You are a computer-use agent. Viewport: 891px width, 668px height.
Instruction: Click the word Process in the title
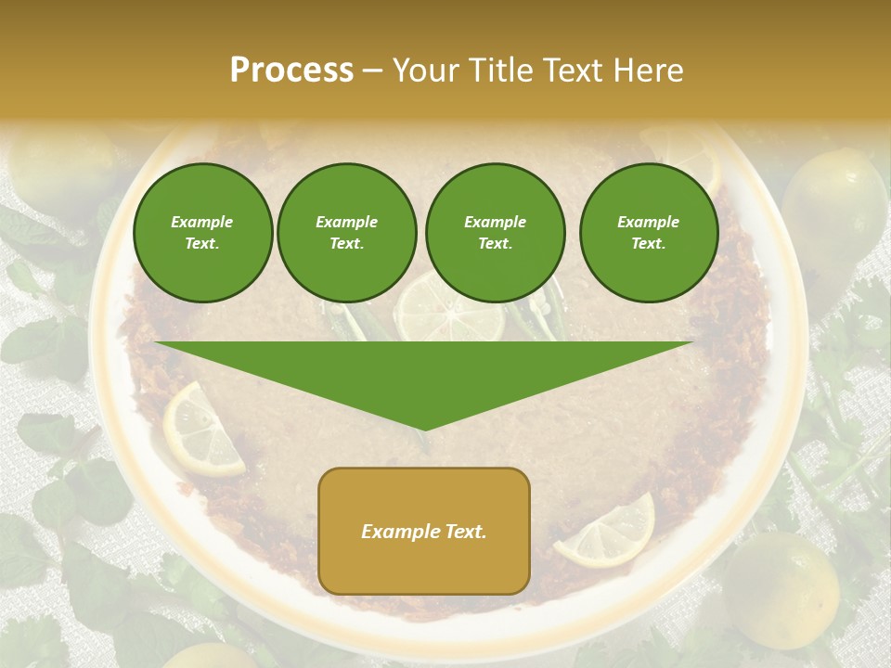(291, 71)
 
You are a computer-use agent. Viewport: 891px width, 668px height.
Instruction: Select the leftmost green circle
(202, 233)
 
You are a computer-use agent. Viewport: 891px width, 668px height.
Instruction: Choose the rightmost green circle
(648, 233)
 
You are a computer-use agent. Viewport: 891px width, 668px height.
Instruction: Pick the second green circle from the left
(346, 233)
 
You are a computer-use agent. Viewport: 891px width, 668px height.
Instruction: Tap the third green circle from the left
(495, 233)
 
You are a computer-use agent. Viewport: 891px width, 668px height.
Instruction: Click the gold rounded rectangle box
(424, 531)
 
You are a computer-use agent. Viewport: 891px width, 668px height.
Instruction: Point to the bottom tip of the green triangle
(424, 429)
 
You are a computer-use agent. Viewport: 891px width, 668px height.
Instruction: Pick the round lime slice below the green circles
(449, 311)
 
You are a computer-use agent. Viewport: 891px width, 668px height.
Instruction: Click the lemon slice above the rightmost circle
(687, 153)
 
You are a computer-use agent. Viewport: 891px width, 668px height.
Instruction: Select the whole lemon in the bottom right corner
(782, 589)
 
